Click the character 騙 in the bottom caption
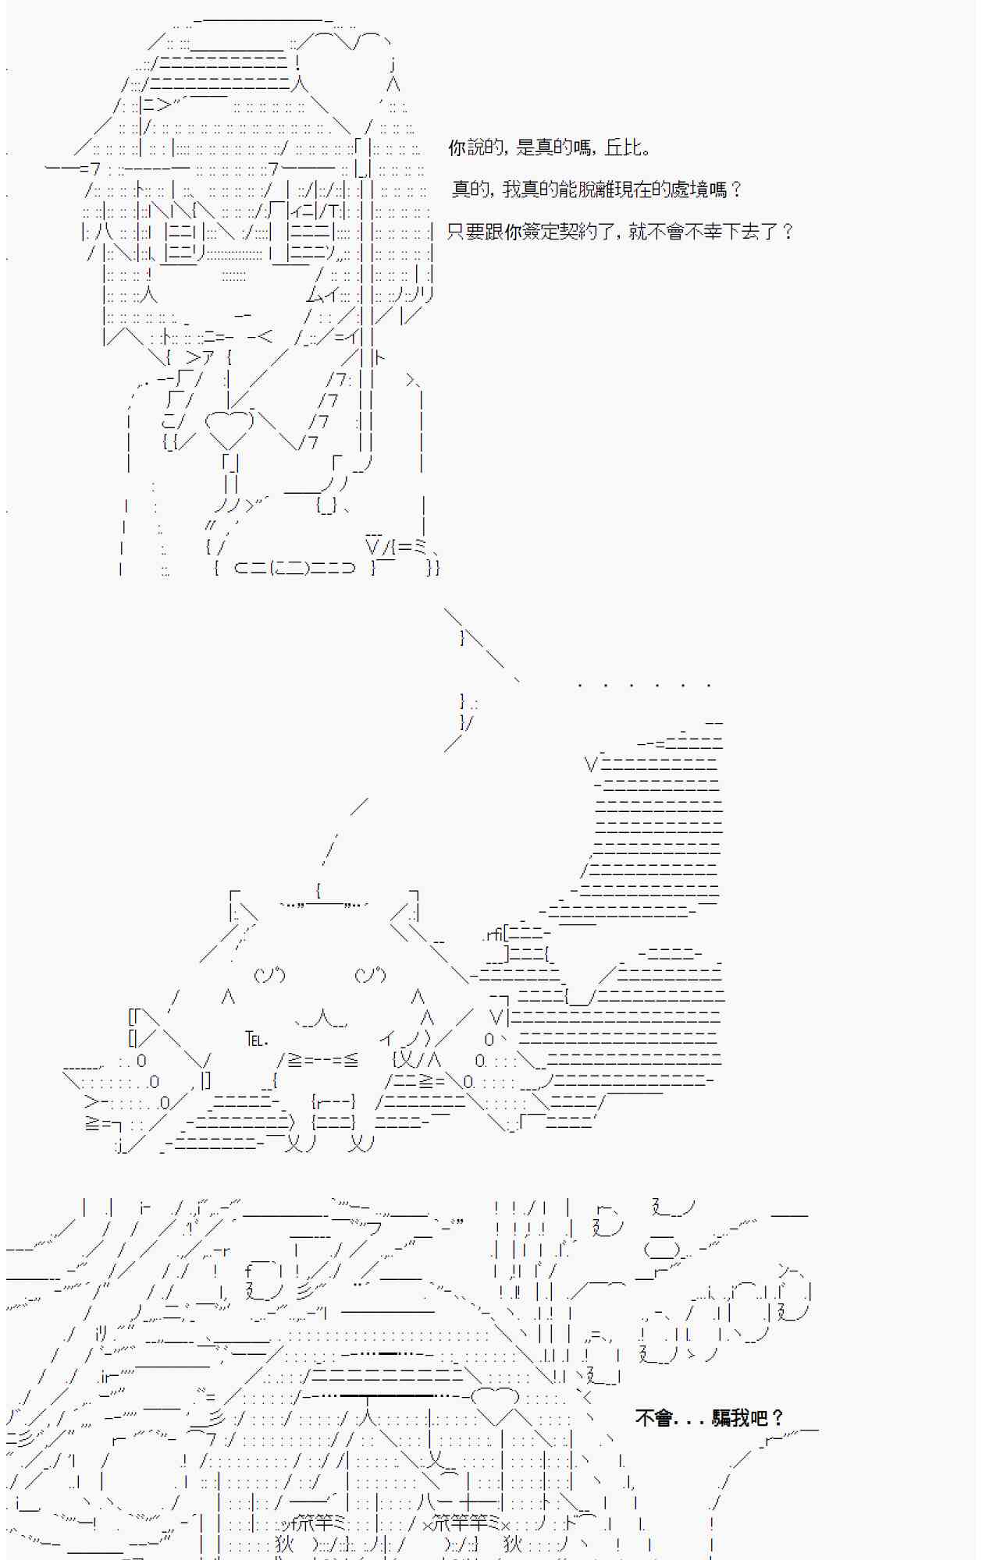(722, 1417)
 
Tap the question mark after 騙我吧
(777, 1417)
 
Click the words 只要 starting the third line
(465, 231)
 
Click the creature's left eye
(269, 974)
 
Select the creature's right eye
(370, 974)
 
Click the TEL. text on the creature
(257, 1039)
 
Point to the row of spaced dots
(644, 685)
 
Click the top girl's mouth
(243, 315)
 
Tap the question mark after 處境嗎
(735, 189)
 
